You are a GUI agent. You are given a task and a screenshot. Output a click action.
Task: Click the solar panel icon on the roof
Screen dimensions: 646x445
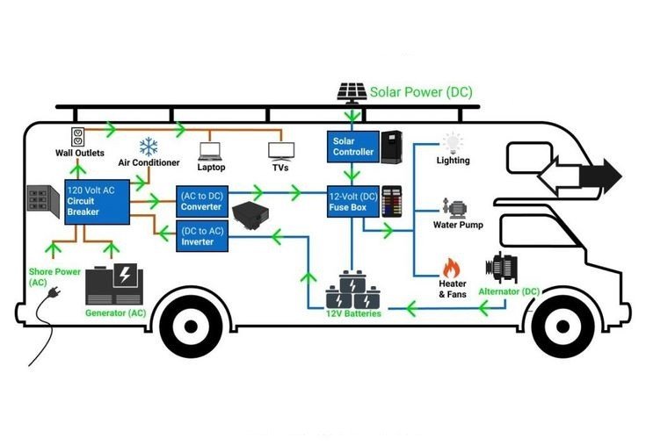coord(352,92)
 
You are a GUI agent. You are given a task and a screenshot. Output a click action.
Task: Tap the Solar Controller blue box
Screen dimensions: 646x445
coord(353,147)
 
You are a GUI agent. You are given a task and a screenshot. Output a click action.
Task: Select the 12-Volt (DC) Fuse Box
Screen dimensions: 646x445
coord(353,202)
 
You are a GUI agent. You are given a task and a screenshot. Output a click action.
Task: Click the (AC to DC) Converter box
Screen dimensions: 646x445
coord(202,202)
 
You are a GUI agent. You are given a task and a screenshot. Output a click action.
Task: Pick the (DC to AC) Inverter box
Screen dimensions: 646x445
coord(202,236)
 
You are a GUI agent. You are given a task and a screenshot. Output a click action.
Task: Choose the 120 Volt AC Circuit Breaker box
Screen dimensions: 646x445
coord(98,202)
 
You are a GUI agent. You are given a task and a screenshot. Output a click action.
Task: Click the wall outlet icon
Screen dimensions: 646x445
coord(78,138)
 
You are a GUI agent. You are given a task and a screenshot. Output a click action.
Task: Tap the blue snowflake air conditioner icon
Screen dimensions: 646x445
coord(149,147)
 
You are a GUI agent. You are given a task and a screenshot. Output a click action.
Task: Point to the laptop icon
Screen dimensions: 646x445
coord(210,151)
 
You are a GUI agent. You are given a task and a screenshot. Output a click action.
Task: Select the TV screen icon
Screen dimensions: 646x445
coord(281,152)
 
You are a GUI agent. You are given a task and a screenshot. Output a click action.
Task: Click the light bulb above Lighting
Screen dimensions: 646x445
coord(453,143)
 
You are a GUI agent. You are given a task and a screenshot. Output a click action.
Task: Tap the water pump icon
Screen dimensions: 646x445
coord(454,209)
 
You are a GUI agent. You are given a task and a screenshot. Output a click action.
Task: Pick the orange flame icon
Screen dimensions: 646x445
coord(452,268)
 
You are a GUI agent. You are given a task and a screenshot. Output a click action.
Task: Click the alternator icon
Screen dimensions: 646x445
coord(501,269)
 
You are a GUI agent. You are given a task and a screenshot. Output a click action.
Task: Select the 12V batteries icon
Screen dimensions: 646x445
coord(353,290)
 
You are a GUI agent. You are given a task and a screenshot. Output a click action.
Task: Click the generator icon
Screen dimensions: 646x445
coord(114,284)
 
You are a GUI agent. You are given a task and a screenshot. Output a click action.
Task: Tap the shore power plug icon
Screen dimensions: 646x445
coord(54,292)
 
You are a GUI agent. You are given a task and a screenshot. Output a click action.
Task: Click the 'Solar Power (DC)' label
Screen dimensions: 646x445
coord(421,92)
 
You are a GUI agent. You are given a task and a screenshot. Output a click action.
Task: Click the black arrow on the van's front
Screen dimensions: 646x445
coord(600,176)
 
